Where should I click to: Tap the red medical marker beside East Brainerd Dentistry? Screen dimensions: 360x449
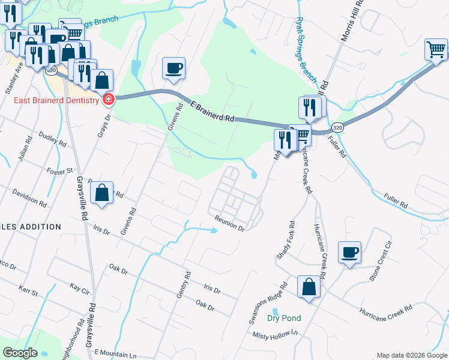(108, 100)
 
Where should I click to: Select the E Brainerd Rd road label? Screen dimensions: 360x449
(212, 112)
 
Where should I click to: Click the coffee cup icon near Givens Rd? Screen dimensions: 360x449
(174, 68)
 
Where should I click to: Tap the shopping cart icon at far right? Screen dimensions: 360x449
(436, 49)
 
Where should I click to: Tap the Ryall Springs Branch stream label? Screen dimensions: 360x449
(306, 49)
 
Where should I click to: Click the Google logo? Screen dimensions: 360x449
(20, 353)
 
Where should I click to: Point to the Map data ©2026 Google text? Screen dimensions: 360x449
(411, 355)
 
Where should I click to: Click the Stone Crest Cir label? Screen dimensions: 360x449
(383, 261)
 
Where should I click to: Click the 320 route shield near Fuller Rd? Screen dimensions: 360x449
(338, 128)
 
